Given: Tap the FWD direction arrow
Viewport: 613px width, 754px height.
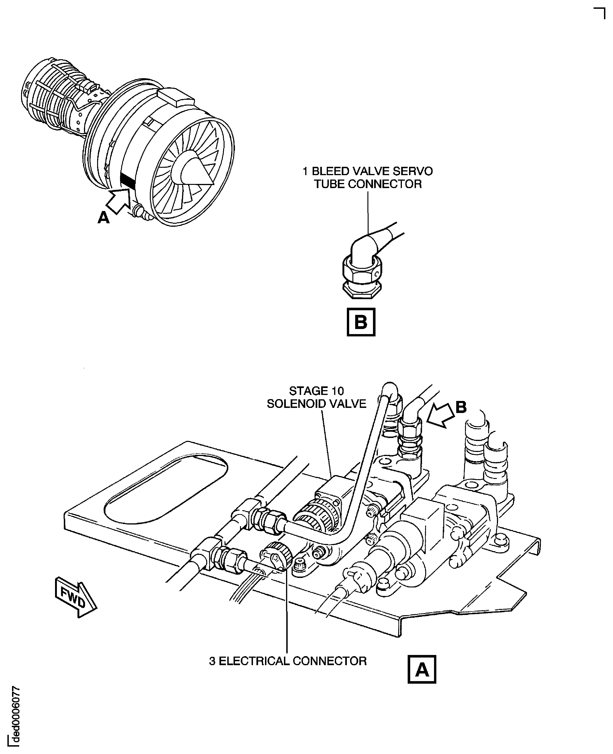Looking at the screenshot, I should (x=75, y=597).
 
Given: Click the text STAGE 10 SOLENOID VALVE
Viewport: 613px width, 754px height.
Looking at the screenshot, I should (x=316, y=397).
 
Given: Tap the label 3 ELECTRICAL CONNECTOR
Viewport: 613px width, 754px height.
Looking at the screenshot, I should (x=288, y=661).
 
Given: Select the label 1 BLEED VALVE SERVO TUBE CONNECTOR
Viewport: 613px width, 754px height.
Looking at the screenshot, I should (x=368, y=177).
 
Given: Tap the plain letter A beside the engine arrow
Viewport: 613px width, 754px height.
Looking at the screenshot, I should (x=103, y=218).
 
